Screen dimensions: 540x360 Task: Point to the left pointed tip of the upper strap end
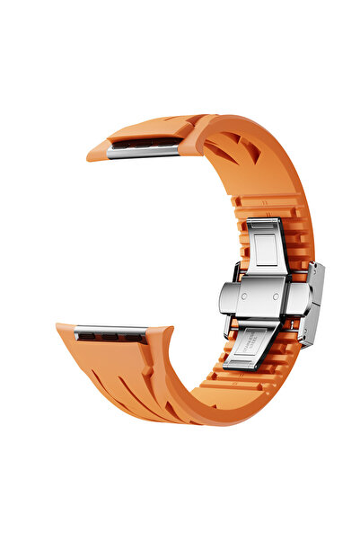pos(89,155)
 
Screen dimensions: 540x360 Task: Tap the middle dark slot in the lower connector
pos(110,337)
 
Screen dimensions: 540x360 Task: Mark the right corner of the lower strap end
pos(171,330)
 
